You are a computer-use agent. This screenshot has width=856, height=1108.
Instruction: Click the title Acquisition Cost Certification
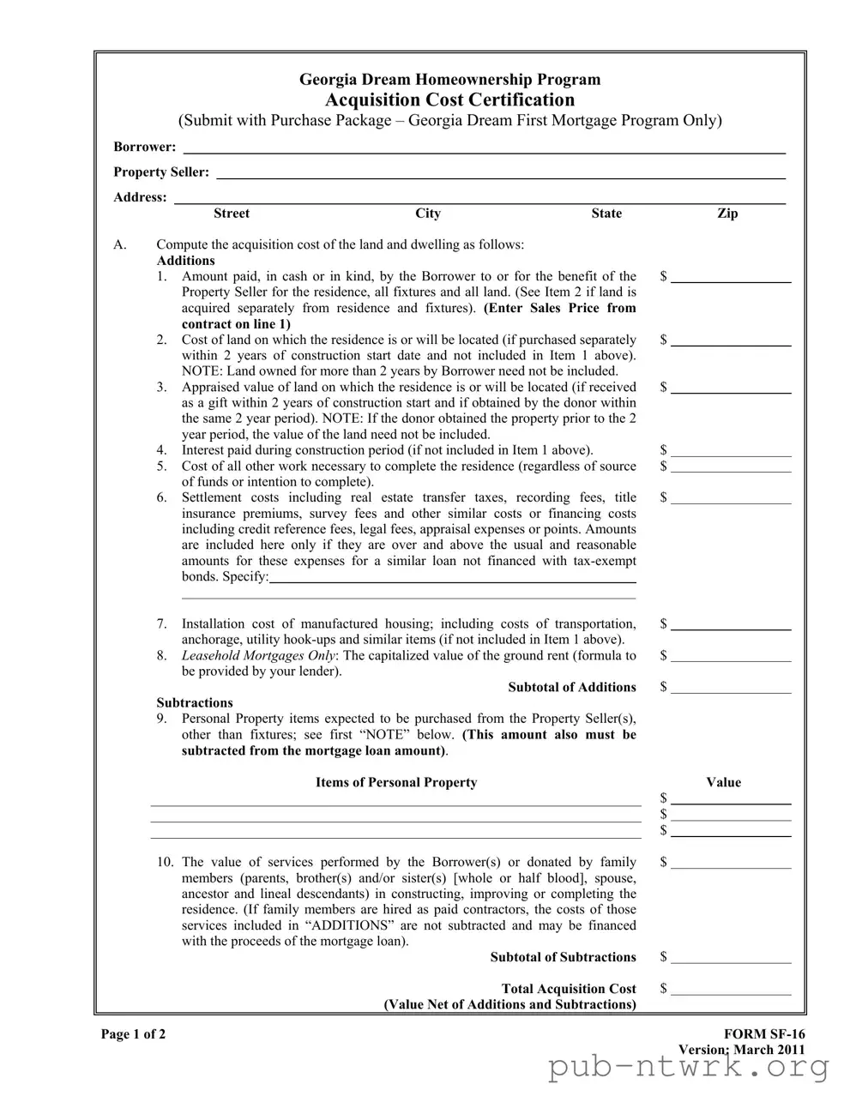[x=449, y=99]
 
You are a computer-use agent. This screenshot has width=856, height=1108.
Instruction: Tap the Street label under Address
[x=232, y=214]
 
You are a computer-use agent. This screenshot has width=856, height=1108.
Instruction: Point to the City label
[x=427, y=214]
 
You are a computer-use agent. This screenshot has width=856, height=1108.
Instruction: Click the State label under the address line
[x=606, y=214]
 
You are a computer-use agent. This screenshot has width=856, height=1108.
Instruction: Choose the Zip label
[x=727, y=214]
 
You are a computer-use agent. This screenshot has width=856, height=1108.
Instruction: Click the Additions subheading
[x=186, y=261]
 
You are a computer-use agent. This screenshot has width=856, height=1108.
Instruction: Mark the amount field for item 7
[x=731, y=626]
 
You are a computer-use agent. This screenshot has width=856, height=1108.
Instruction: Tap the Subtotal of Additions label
[x=572, y=687]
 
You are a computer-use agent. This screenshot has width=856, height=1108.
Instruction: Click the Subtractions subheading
[x=195, y=702]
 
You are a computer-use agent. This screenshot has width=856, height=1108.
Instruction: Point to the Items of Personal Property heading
[x=396, y=782]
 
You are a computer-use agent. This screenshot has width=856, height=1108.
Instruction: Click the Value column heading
[x=723, y=782]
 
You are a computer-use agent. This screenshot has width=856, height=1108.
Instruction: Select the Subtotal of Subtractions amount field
[x=731, y=960]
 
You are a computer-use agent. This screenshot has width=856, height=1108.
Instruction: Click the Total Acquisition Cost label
[x=569, y=989]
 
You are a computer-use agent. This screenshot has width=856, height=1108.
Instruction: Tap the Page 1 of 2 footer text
[x=134, y=1034]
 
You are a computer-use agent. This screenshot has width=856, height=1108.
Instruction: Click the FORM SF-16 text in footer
[x=764, y=1034]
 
